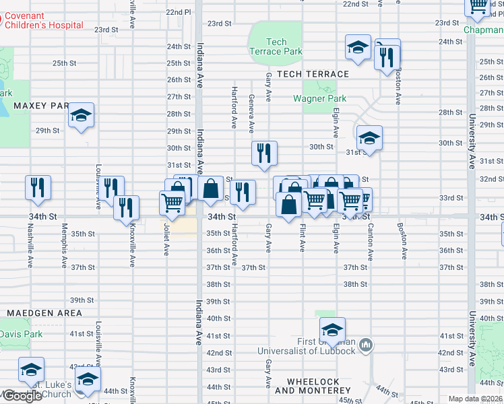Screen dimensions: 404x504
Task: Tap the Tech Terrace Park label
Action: pyautogui.click(x=276, y=46)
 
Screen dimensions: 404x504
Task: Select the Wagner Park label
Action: pyautogui.click(x=319, y=98)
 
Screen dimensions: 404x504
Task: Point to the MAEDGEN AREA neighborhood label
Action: pyautogui.click(x=44, y=313)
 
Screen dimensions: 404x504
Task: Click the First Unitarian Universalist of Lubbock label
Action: pyautogui.click(x=307, y=346)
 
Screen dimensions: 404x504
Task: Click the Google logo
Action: pyautogui.click(x=22, y=396)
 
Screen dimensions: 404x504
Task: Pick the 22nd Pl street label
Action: pyautogui.click(x=179, y=12)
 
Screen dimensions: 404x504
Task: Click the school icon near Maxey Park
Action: pyautogui.click(x=81, y=116)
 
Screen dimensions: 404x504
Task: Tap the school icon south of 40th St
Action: pyautogui.click(x=332, y=331)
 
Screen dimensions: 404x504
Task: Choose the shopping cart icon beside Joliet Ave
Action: pyautogui.click(x=172, y=201)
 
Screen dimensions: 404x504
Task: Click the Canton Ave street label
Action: pyautogui.click(x=370, y=242)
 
